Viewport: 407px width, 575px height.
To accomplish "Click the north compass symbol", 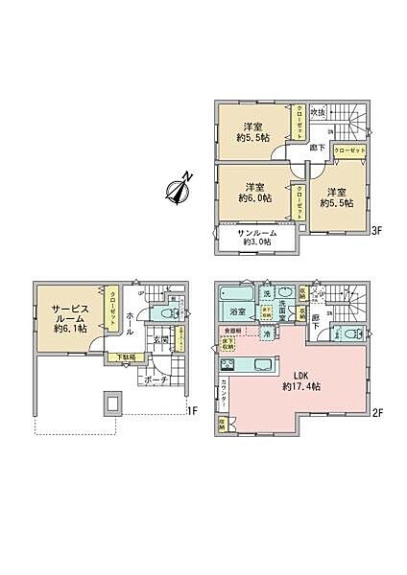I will coord(178,190).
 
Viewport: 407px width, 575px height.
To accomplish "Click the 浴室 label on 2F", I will coord(239,312).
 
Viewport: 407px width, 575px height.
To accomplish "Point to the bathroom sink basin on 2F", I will coord(285,294).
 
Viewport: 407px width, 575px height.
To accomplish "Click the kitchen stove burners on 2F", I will coord(228,364).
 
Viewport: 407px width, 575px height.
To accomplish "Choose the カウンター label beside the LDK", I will coord(223,393).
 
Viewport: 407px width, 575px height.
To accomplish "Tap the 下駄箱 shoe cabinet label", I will coord(127,357).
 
